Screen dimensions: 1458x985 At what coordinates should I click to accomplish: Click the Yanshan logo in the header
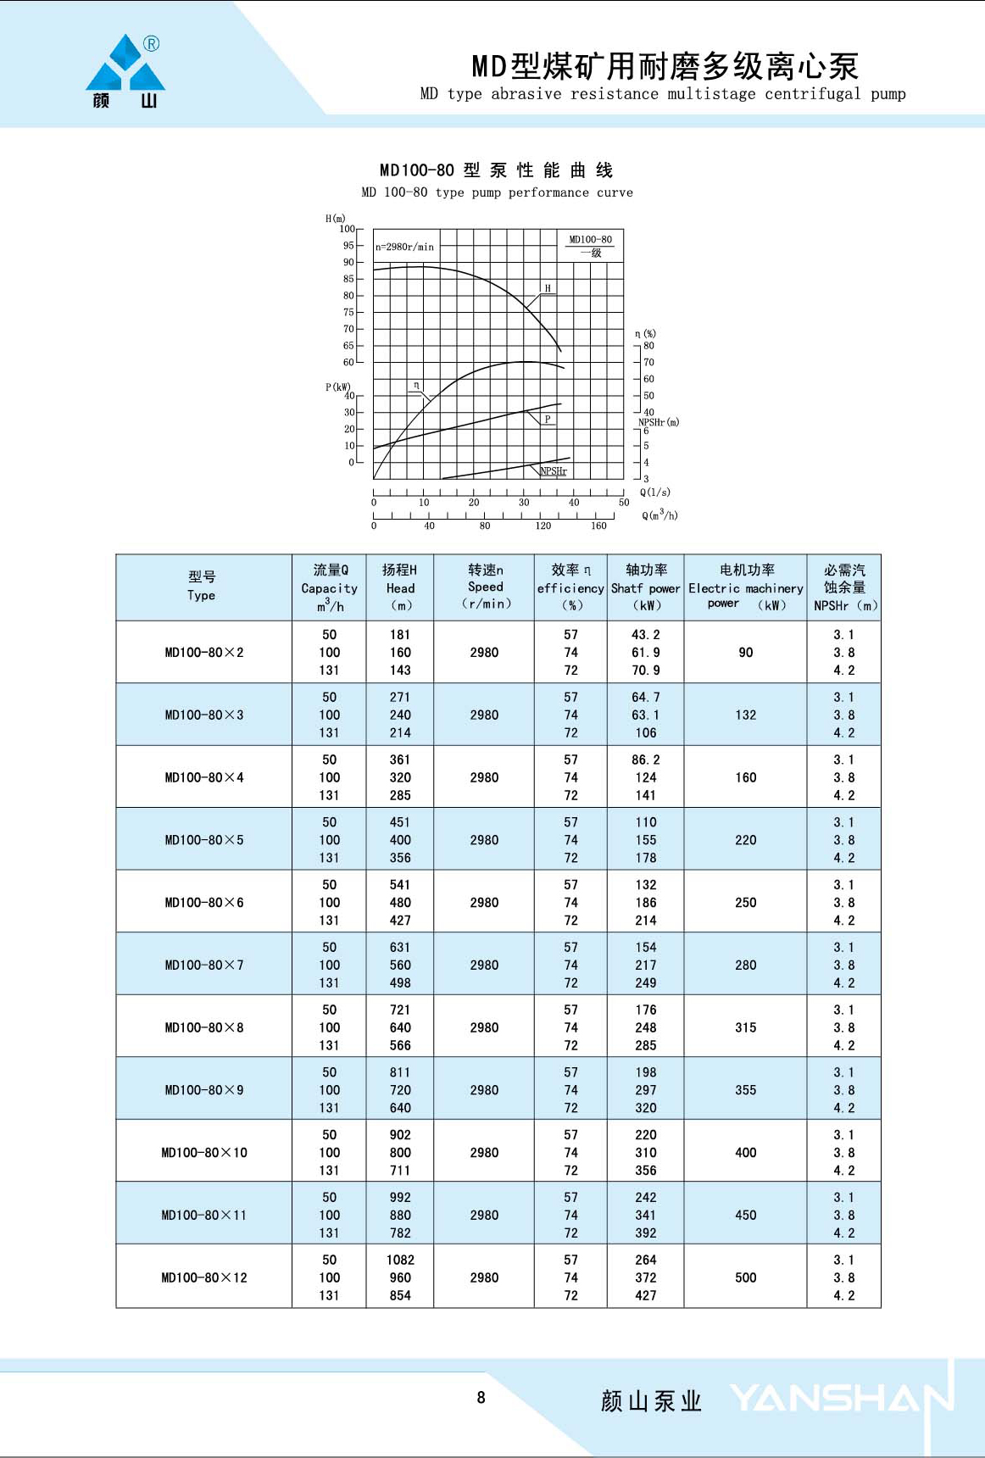(125, 71)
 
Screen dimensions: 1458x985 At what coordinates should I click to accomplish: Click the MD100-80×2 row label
(204, 653)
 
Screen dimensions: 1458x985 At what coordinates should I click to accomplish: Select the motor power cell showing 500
(745, 1277)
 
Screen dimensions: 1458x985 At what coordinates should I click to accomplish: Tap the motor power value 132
(745, 715)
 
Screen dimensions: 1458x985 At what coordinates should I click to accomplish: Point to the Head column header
(400, 587)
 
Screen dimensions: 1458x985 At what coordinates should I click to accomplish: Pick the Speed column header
(485, 587)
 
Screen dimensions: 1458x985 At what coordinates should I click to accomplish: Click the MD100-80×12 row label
(204, 1277)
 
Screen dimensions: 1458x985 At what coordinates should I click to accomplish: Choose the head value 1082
(400, 1260)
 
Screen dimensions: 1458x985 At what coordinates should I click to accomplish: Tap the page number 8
(481, 1398)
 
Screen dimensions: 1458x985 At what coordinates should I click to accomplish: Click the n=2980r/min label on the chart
(404, 248)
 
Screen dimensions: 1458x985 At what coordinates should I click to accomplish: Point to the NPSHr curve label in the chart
(554, 471)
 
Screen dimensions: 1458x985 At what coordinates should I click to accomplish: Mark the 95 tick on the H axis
(348, 246)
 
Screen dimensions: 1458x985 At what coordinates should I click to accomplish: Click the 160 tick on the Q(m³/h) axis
(598, 526)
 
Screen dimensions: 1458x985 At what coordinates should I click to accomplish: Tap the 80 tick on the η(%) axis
(648, 346)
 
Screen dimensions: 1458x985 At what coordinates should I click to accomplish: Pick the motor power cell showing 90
(745, 653)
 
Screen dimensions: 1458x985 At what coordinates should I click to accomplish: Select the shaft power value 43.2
(645, 635)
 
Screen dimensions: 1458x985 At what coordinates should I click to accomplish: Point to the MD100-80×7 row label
(204, 966)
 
